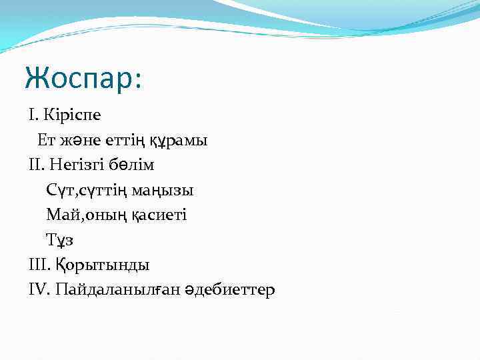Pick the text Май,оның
(83, 215)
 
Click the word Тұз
(57, 239)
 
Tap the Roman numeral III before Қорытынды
(38, 265)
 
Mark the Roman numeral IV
(39, 290)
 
